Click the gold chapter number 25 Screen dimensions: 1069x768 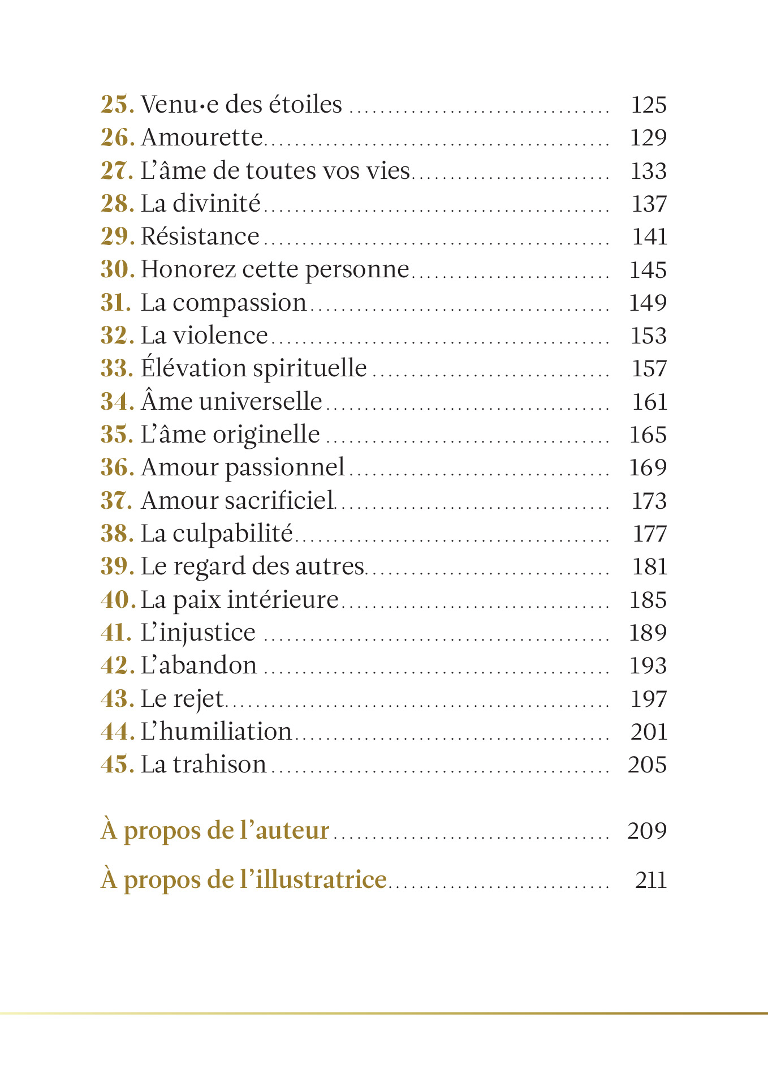[x=117, y=105]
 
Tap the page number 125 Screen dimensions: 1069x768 [x=648, y=105]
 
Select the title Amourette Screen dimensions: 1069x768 [x=202, y=138]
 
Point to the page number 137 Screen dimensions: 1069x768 [x=649, y=204]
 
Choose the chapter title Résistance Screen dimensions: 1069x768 [x=200, y=237]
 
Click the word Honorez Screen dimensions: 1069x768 [x=188, y=269]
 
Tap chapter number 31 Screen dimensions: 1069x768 [x=116, y=303]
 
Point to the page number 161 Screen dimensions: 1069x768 [x=649, y=402]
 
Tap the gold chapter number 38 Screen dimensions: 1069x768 [x=117, y=534]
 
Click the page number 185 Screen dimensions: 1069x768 [x=648, y=600]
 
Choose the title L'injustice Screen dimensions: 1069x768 [x=198, y=633]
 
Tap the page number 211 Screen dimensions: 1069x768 [x=650, y=880]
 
